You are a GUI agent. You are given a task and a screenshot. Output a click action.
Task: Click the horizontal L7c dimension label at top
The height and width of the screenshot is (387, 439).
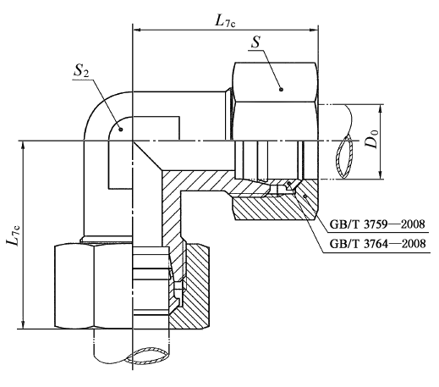(225, 20)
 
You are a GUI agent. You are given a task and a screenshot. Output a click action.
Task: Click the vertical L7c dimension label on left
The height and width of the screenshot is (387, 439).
(14, 234)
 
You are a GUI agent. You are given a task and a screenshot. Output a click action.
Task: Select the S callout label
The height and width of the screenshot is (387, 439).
(255, 42)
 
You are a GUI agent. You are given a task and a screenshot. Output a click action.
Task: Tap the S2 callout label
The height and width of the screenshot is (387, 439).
(81, 71)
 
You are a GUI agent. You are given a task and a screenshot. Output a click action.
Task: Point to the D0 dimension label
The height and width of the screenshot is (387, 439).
(371, 138)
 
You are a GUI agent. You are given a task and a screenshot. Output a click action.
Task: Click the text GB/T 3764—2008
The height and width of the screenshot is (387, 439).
(378, 243)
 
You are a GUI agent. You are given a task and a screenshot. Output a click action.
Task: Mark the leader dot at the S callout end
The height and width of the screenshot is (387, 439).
(281, 90)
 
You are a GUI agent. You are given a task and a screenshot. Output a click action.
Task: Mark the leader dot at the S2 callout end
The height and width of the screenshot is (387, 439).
(121, 130)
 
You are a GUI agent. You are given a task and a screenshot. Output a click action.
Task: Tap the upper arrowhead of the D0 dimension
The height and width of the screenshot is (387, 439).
(381, 108)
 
